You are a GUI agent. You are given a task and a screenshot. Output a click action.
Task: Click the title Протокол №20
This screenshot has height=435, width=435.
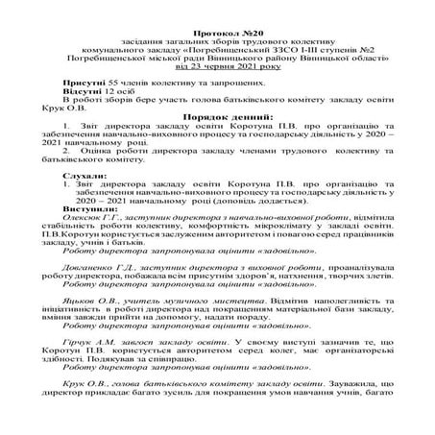218,34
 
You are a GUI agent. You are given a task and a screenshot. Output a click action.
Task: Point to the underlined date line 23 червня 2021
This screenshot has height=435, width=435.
218,69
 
